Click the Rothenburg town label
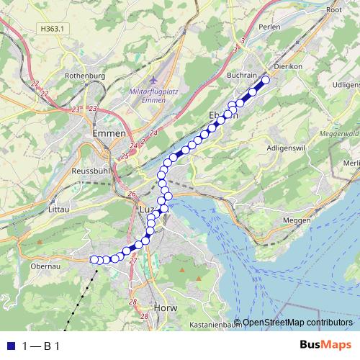tap(85, 76)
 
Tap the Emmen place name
tap(109, 133)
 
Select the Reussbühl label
tap(91, 172)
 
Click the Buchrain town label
tap(243, 74)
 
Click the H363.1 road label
tap(53, 29)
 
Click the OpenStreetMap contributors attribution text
tap(297, 322)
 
